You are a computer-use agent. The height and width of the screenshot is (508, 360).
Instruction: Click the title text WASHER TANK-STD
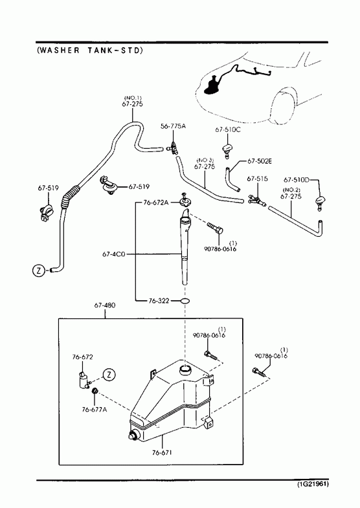(90, 50)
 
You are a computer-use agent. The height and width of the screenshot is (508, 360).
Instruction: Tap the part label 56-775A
(174, 126)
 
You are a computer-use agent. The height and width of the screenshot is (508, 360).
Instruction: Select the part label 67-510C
(228, 129)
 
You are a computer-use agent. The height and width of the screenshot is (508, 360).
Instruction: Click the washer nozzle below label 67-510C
(227, 150)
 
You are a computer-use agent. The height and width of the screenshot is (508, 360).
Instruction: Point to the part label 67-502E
(260, 161)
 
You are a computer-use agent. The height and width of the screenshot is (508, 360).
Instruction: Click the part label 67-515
(257, 179)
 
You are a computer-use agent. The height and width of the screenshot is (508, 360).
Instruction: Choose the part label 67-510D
(297, 179)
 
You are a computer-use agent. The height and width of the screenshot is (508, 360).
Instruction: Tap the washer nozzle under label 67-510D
(320, 203)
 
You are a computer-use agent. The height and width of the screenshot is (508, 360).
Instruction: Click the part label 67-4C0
(113, 254)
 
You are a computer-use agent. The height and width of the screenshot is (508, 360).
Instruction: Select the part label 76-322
(159, 301)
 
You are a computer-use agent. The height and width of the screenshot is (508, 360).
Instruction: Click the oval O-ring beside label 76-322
(185, 301)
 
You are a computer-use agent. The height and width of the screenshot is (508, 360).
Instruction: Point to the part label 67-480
(105, 305)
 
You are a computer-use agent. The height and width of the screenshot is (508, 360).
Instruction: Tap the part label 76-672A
(156, 203)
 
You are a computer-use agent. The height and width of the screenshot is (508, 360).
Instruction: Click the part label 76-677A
(95, 410)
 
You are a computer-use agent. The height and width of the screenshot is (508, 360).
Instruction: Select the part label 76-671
(162, 452)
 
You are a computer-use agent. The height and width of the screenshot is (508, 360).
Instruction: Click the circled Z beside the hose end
(39, 271)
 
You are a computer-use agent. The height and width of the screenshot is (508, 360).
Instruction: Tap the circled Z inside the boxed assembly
(109, 375)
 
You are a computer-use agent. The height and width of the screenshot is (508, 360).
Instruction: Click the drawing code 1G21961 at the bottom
(313, 484)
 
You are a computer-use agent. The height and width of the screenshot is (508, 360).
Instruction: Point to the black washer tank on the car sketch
(212, 85)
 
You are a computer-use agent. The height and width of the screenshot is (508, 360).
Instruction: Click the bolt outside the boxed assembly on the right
(260, 372)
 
